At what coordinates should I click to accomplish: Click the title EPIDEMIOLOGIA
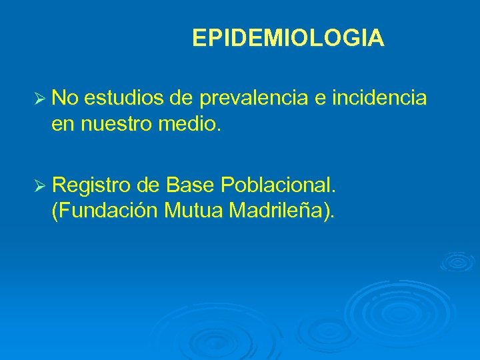coord(288,39)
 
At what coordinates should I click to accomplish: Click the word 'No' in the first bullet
coord(64,99)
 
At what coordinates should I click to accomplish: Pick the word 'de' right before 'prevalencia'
coord(181,99)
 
